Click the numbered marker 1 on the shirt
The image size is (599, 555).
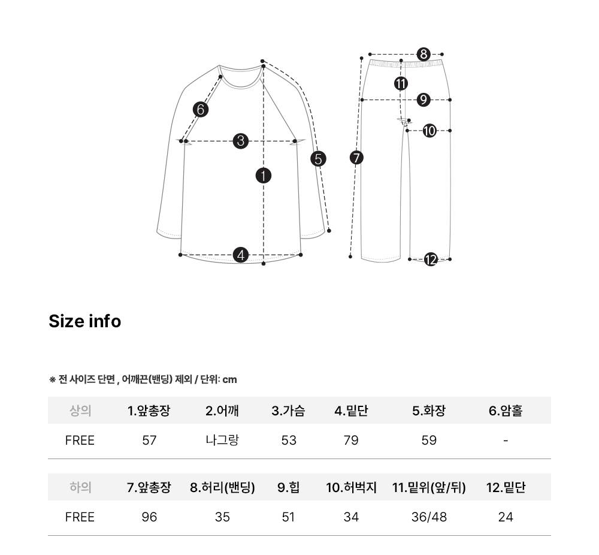pos(264,176)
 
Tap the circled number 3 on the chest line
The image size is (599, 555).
pos(240,141)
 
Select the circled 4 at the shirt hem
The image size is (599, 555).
pos(241,255)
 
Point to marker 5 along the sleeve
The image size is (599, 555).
pos(318,159)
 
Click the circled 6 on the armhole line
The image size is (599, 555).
pos(201,110)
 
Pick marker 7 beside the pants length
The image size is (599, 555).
pos(356,158)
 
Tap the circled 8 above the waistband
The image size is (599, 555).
pos(423,55)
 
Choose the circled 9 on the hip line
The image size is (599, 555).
pos(423,99)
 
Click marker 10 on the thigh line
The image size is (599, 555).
pos(429,130)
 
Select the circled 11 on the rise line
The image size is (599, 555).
pos(401,83)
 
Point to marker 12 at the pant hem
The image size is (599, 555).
pos(431,260)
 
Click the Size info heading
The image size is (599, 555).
pos(84,321)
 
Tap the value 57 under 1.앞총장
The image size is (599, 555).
pos(149,441)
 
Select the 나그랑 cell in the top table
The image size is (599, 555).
pos(222,441)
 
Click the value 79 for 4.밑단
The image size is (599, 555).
pos(351,441)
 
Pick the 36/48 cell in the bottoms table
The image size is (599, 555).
pos(429,517)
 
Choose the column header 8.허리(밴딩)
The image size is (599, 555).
pos(222,488)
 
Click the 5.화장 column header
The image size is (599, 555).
pos(429,411)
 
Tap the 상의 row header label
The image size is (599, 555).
pos(80,411)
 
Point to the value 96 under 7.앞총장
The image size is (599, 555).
pos(149,517)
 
